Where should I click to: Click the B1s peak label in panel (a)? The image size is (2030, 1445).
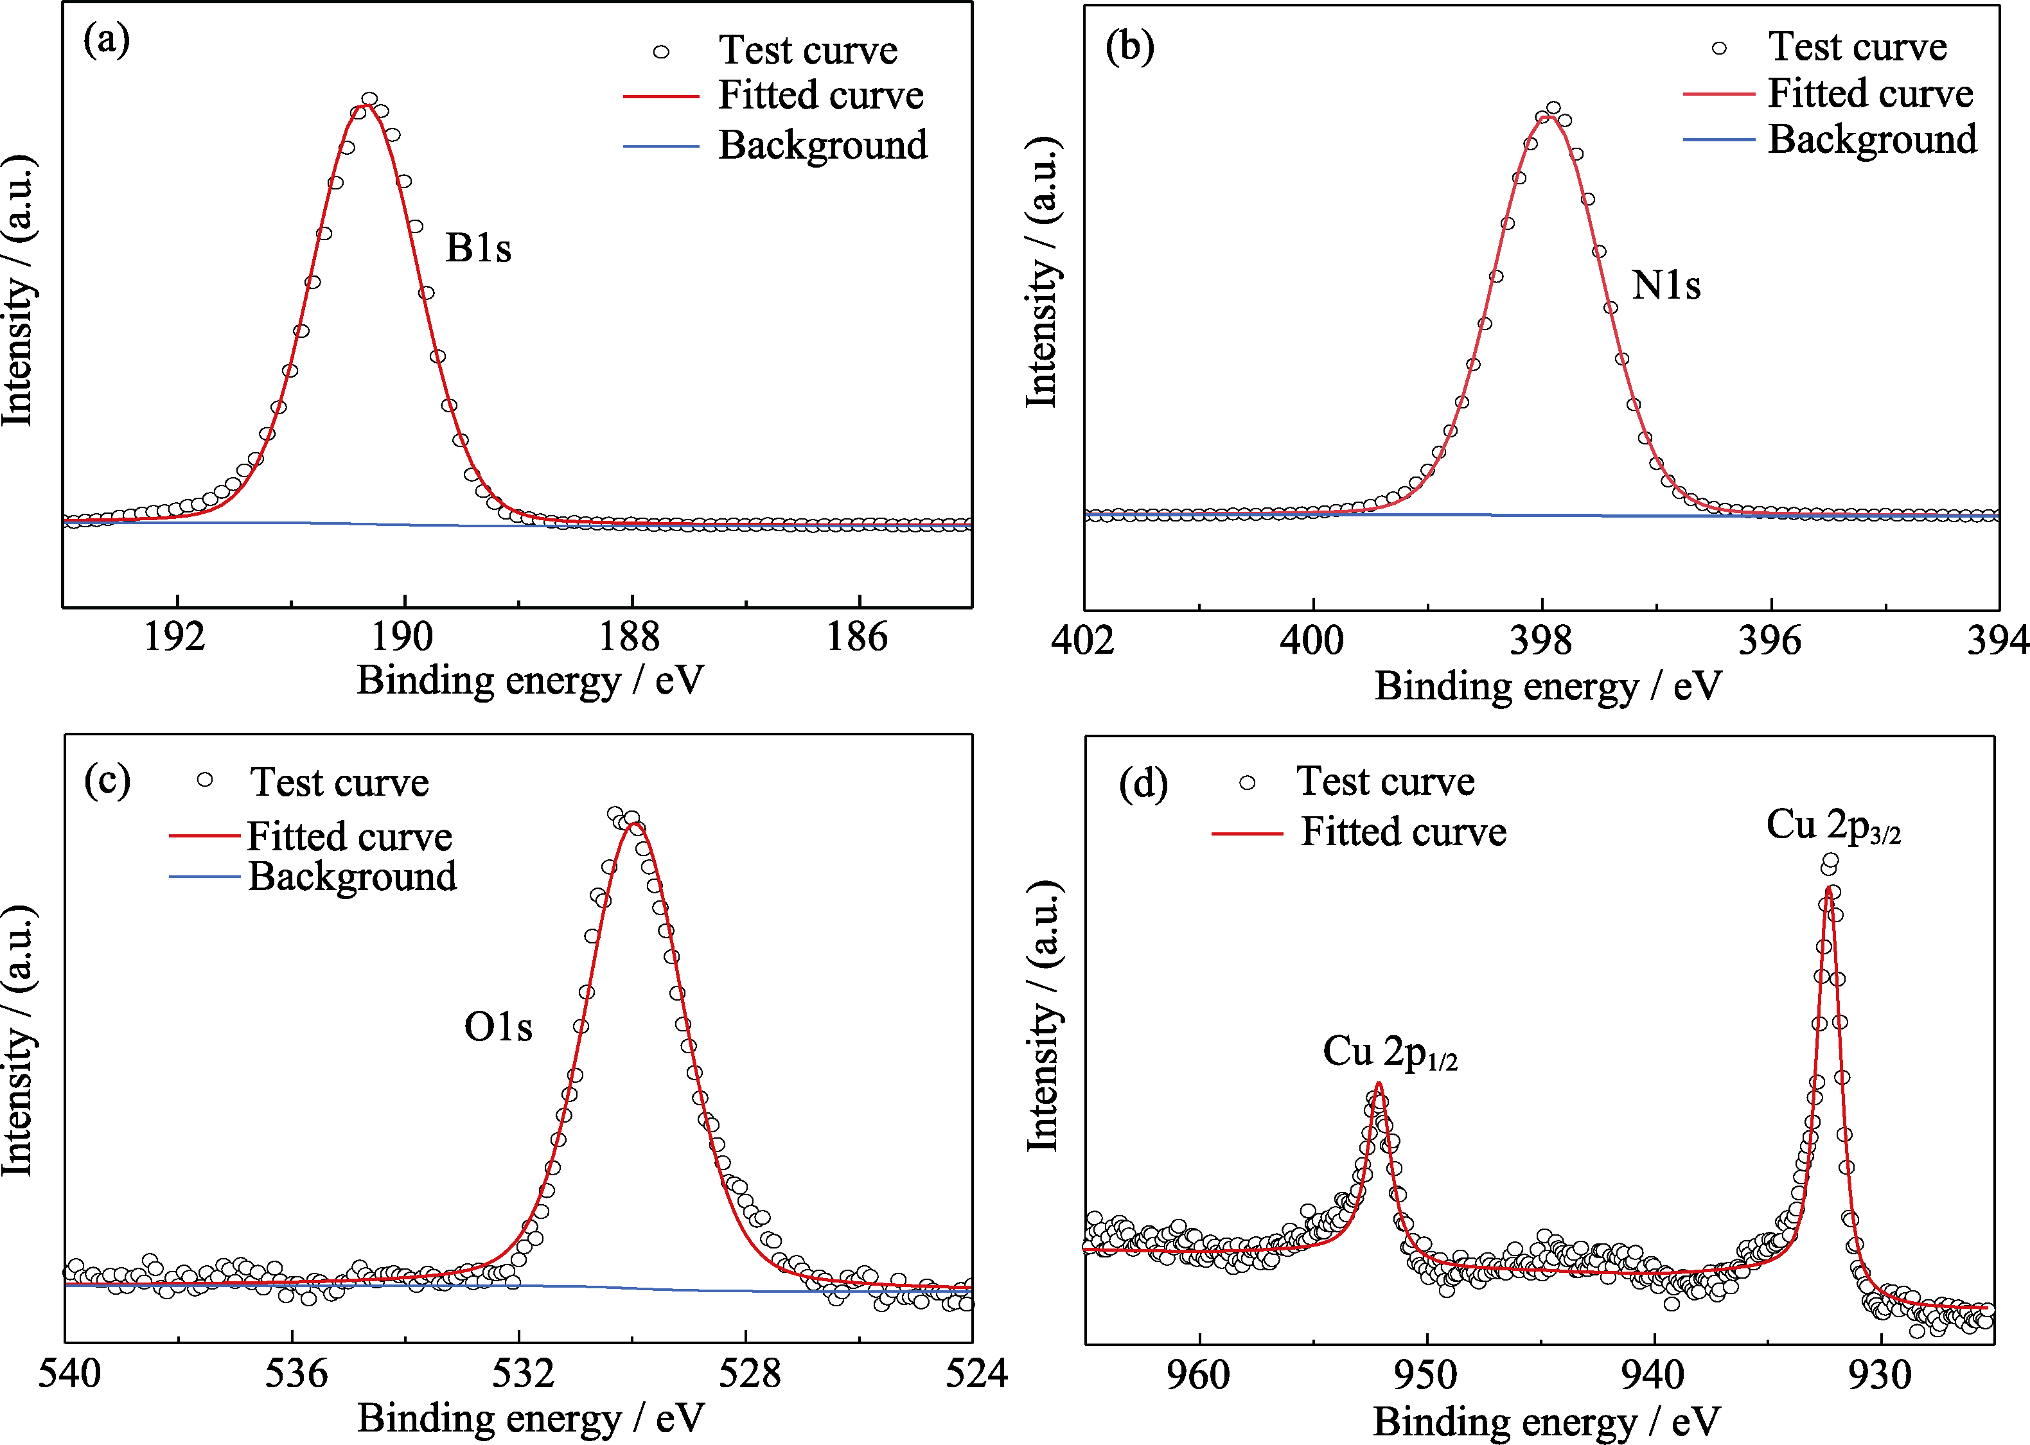[x=478, y=249]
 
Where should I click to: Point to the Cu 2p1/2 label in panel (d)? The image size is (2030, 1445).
[x=1390, y=1053]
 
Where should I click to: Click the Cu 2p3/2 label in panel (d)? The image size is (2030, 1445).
[x=1832, y=826]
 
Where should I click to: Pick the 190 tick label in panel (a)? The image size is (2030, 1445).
[x=402, y=637]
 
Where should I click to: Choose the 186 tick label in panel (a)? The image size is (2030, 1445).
[x=857, y=637]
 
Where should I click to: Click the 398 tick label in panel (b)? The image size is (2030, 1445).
[x=1540, y=642]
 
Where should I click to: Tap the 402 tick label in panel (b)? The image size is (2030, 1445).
[x=1082, y=642]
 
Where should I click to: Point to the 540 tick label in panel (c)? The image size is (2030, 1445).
[x=69, y=1374]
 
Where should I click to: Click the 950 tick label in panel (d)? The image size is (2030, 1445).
[x=1425, y=1376]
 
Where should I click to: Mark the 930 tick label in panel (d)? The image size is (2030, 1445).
[x=1880, y=1376]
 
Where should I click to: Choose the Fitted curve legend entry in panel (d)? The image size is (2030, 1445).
[x=1402, y=832]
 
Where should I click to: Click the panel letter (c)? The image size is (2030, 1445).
[x=107, y=780]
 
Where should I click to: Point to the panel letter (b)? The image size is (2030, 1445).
[x=1129, y=46]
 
